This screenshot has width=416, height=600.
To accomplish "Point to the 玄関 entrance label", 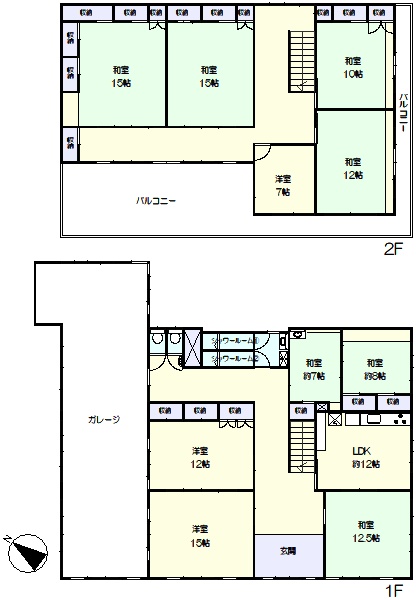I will [288, 551].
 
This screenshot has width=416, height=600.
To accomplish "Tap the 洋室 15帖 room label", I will [199, 535].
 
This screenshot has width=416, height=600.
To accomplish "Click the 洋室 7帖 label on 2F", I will [284, 186].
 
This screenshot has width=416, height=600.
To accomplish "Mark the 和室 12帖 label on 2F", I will [352, 167].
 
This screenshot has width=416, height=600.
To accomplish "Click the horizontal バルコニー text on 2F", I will [156, 201].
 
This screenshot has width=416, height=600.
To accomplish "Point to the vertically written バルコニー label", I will [402, 115].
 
